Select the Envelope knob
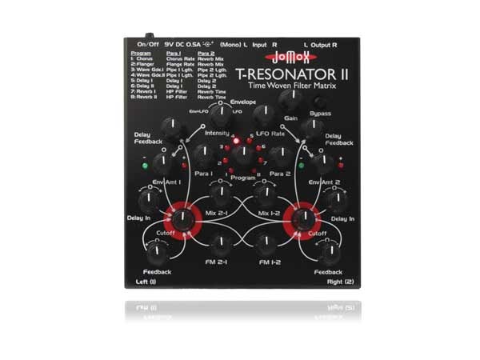[218, 116]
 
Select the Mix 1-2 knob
[263, 194]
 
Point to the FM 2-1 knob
[219, 242]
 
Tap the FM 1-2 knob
[264, 242]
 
